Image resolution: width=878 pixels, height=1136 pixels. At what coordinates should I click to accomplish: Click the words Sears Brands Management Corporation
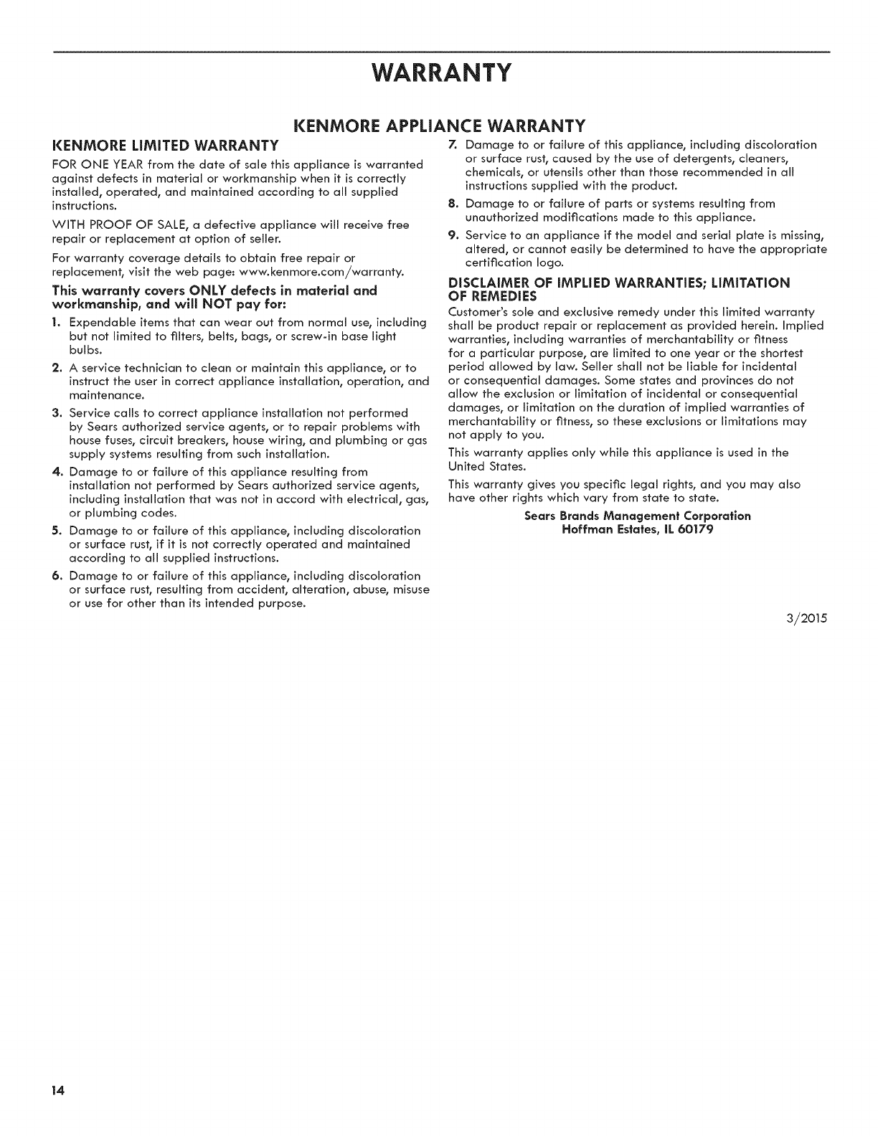point(638,516)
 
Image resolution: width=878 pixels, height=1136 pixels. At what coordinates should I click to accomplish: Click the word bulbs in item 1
point(85,350)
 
